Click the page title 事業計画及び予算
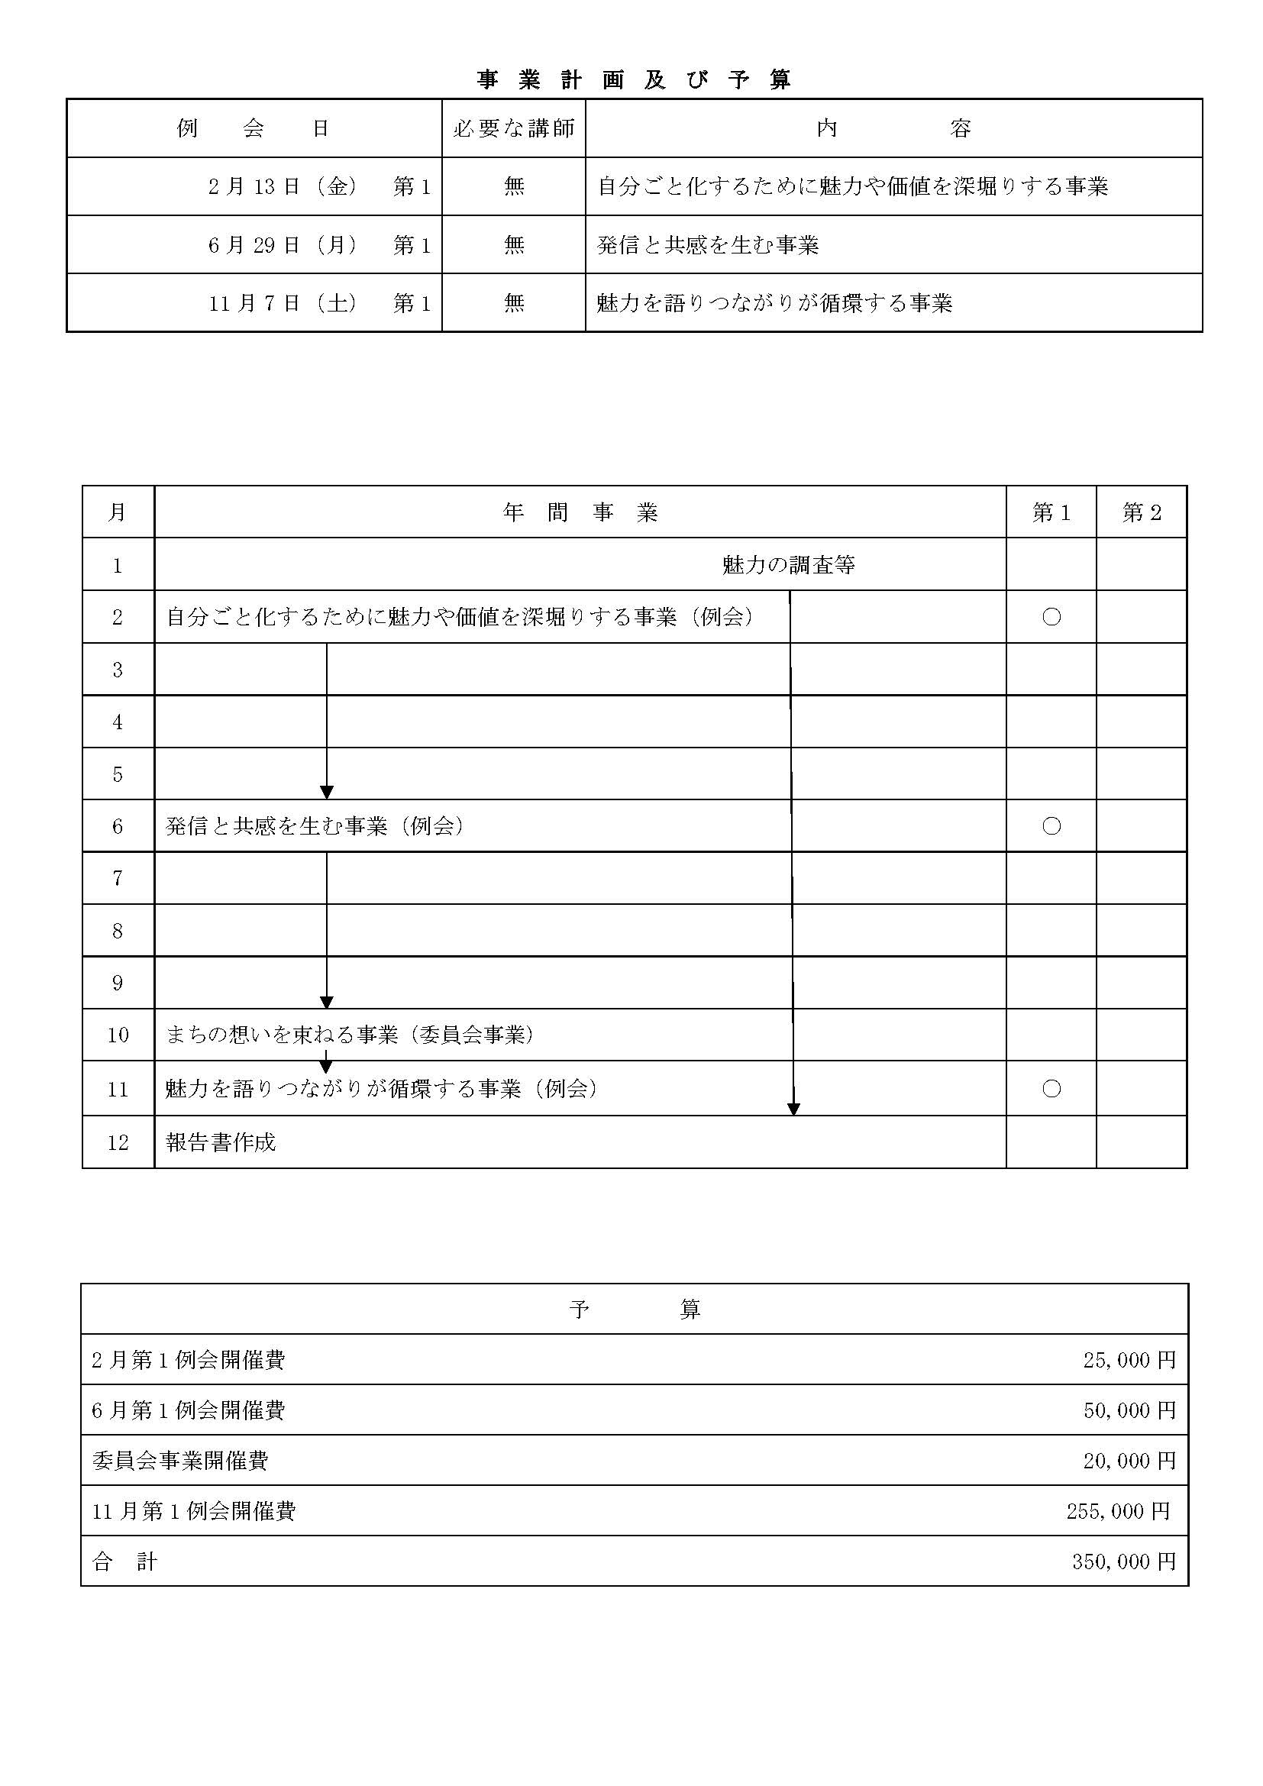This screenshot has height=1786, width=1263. (x=634, y=80)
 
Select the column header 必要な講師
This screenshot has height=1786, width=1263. (x=513, y=128)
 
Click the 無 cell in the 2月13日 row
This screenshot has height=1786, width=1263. (x=514, y=186)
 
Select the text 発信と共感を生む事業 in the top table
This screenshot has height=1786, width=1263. (x=708, y=245)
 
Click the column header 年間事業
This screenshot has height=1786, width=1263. (x=580, y=512)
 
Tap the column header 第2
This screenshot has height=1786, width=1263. (x=1141, y=512)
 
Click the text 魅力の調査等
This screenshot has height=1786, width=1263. (x=789, y=565)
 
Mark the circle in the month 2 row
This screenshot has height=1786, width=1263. (x=1051, y=617)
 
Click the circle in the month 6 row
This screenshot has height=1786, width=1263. (x=1051, y=826)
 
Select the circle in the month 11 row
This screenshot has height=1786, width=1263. (x=1051, y=1088)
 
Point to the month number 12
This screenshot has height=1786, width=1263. (x=118, y=1142)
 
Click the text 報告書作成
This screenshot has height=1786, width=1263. (x=221, y=1142)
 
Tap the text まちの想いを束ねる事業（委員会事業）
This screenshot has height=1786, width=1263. (x=350, y=1035)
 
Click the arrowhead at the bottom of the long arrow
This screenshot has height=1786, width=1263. (x=793, y=1109)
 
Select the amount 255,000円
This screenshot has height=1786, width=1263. (x=1118, y=1510)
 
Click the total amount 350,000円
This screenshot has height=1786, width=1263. (x=1123, y=1562)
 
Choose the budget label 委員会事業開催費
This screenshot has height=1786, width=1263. (x=180, y=1460)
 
